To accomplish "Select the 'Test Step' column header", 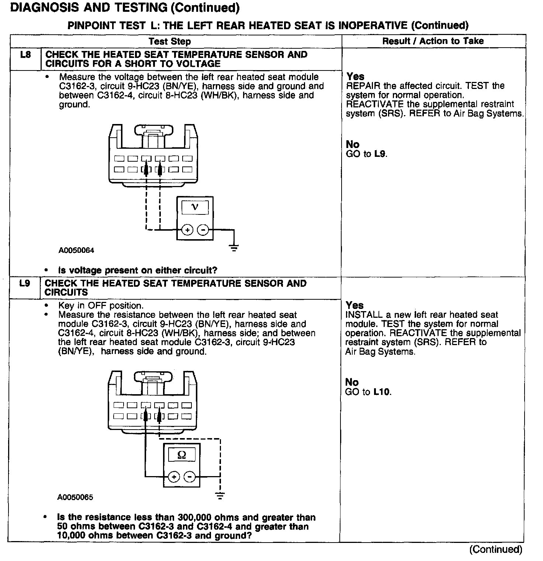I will click(170, 41).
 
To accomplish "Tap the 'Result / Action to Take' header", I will click(433, 41).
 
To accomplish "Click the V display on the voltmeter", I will click(195, 207).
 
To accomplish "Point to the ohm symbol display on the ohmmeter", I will click(181, 454).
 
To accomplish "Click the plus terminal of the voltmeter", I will click(187, 230).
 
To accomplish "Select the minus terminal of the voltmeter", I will click(203, 230).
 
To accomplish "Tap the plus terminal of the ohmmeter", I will click(174, 477).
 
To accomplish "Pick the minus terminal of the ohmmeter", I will click(190, 477).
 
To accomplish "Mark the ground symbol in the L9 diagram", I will click(220, 495).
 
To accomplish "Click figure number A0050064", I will click(76, 250).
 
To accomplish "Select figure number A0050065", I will click(75, 497).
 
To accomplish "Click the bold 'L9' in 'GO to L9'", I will click(380, 154).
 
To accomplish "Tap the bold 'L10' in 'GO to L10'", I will click(381, 392).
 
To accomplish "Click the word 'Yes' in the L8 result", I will click(356, 76).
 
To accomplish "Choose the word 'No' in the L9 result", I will click(352, 382).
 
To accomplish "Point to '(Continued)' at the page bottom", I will click(496, 549).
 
